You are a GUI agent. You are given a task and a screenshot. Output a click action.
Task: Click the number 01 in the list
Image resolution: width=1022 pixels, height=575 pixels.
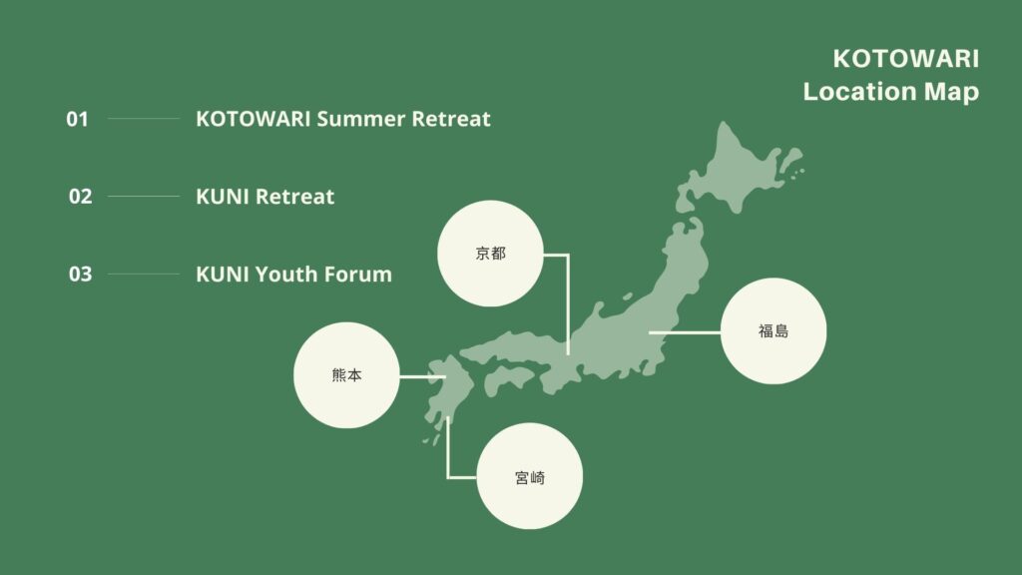(77, 120)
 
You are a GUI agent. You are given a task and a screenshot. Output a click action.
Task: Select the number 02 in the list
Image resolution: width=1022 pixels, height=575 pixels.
(80, 197)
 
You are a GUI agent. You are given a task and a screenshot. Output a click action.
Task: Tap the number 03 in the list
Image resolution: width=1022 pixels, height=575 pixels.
(80, 274)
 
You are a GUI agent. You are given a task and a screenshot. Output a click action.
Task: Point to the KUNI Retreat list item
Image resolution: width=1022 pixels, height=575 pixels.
(264, 197)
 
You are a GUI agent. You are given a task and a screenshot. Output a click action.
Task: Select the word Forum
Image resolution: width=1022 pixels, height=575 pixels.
(358, 274)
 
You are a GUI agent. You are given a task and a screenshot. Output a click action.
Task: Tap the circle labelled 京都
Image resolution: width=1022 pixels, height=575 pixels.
(490, 254)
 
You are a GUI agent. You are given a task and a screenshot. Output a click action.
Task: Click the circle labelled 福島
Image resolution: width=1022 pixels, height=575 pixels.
(773, 331)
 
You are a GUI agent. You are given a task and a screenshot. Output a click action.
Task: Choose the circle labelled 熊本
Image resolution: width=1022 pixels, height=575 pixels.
(346, 375)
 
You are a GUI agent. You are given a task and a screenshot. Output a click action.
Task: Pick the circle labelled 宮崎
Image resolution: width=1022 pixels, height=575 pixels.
(529, 476)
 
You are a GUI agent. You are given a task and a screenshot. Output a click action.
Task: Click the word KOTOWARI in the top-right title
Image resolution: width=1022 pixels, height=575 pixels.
(905, 59)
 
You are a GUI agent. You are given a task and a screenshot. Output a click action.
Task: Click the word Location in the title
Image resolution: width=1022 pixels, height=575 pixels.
(860, 91)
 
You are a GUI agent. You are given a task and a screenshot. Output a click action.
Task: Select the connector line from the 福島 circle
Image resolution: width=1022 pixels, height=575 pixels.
(685, 332)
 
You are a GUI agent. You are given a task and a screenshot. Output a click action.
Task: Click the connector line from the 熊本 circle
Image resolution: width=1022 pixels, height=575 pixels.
(422, 376)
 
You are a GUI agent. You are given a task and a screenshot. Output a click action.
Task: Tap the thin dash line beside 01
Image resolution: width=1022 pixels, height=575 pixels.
(144, 119)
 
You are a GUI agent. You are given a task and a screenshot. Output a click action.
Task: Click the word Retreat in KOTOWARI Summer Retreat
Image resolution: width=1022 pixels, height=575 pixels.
(451, 120)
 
